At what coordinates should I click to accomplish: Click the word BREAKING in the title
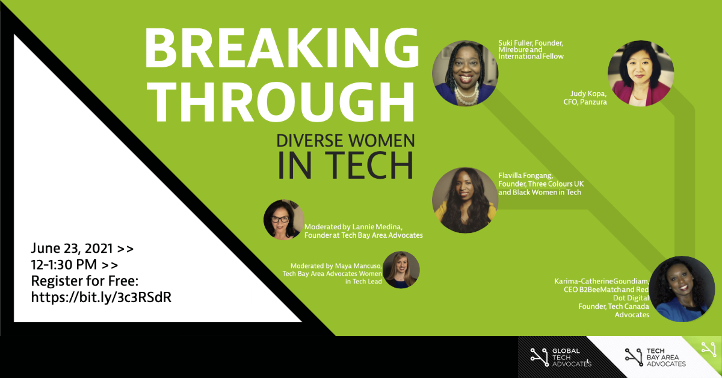[282, 48]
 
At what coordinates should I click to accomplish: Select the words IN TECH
[345, 165]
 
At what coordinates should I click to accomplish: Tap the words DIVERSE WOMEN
[345, 141]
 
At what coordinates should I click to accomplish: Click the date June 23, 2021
[72, 249]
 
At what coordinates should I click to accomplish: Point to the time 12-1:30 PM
[64, 265]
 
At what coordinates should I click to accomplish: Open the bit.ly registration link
[101, 297]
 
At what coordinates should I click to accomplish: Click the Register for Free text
[84, 281]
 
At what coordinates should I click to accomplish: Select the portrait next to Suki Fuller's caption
[464, 73]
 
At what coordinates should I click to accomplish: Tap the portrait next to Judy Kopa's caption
[641, 73]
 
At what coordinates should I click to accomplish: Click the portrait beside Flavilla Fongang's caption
[464, 200]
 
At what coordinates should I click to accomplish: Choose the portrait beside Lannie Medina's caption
[283, 219]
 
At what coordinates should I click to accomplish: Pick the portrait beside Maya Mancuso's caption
[401, 270]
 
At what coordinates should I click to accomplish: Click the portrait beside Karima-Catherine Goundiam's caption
[682, 289]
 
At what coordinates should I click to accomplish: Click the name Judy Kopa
[588, 94]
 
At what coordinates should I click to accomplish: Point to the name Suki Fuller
[514, 43]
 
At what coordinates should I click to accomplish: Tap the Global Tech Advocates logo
[561, 358]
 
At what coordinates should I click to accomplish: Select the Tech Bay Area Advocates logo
[655, 358]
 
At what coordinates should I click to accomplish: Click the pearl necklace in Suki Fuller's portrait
[466, 94]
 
